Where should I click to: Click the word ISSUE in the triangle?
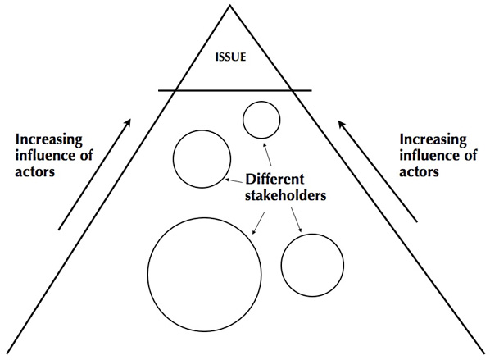click(x=230, y=58)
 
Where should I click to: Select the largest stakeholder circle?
click(x=200, y=269)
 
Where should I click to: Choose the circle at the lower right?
click(x=311, y=264)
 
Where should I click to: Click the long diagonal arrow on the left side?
click(x=95, y=173)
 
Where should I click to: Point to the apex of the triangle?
click(x=229, y=6)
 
